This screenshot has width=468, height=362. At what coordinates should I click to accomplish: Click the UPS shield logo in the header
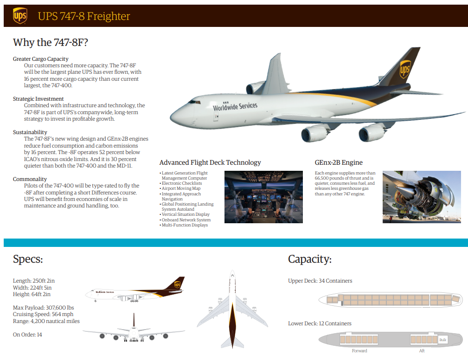click(20, 15)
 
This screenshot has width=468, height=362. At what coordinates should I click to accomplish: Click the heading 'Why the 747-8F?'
click(51, 42)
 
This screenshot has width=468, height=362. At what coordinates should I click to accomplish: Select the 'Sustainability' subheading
click(30, 132)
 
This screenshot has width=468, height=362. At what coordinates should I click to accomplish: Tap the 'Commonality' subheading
click(30, 179)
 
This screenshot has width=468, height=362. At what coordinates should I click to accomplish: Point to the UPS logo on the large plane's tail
click(405, 69)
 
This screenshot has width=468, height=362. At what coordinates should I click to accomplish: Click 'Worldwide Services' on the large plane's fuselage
click(235, 106)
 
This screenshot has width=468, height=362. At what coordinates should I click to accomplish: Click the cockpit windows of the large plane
click(194, 102)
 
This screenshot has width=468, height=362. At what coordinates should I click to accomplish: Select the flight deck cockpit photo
click(263, 197)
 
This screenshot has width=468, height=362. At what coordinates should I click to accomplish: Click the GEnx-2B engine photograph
click(422, 197)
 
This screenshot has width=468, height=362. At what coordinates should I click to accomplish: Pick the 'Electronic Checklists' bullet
click(181, 183)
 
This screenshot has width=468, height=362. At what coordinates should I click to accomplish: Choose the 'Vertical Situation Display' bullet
click(185, 214)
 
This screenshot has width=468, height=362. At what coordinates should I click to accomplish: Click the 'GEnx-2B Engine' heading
click(339, 162)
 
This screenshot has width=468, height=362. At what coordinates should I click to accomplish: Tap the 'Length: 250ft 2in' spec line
click(34, 281)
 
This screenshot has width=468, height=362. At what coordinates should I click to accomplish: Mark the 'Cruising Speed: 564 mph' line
click(43, 314)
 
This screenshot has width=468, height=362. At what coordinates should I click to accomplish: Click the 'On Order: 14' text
click(27, 335)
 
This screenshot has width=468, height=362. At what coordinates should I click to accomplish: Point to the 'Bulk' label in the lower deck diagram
click(443, 340)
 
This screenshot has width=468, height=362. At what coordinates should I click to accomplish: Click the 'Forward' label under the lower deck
click(359, 351)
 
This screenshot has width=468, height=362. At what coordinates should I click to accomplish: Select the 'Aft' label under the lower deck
click(422, 351)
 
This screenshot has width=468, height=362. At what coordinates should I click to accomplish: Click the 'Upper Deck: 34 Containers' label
click(320, 281)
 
